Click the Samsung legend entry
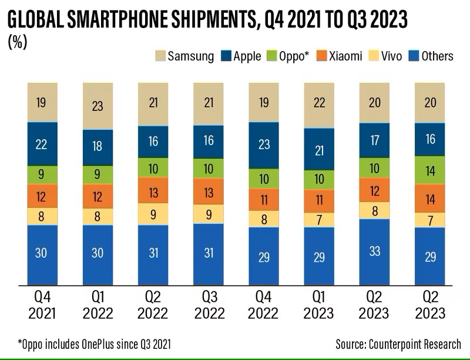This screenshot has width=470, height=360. tap(183, 56)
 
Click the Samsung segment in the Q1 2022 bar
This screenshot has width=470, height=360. tap(98, 106)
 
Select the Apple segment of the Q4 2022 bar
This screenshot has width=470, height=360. tap(264, 145)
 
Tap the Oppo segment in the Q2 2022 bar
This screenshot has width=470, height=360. tap(153, 169)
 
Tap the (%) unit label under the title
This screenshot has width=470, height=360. tap(18, 42)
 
